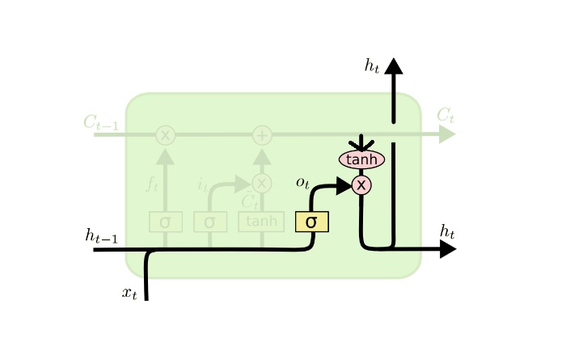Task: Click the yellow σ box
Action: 311,222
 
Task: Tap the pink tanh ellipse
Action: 361,159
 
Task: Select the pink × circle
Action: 361,185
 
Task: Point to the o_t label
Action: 302,183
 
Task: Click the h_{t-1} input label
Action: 102,235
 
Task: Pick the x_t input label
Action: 129,293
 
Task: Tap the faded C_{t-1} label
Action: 100,123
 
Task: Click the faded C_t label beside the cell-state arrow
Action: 446,116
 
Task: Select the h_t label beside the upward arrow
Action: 372,66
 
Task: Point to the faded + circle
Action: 262,135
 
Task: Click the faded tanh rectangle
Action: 261,222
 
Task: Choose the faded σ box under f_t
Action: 165,222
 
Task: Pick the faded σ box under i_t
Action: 209,222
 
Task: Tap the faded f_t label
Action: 152,184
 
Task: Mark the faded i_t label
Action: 202,185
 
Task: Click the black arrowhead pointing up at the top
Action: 394,66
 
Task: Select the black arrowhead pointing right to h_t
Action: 447,249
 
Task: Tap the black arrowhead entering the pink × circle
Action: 344,185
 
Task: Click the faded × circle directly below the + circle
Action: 262,183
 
